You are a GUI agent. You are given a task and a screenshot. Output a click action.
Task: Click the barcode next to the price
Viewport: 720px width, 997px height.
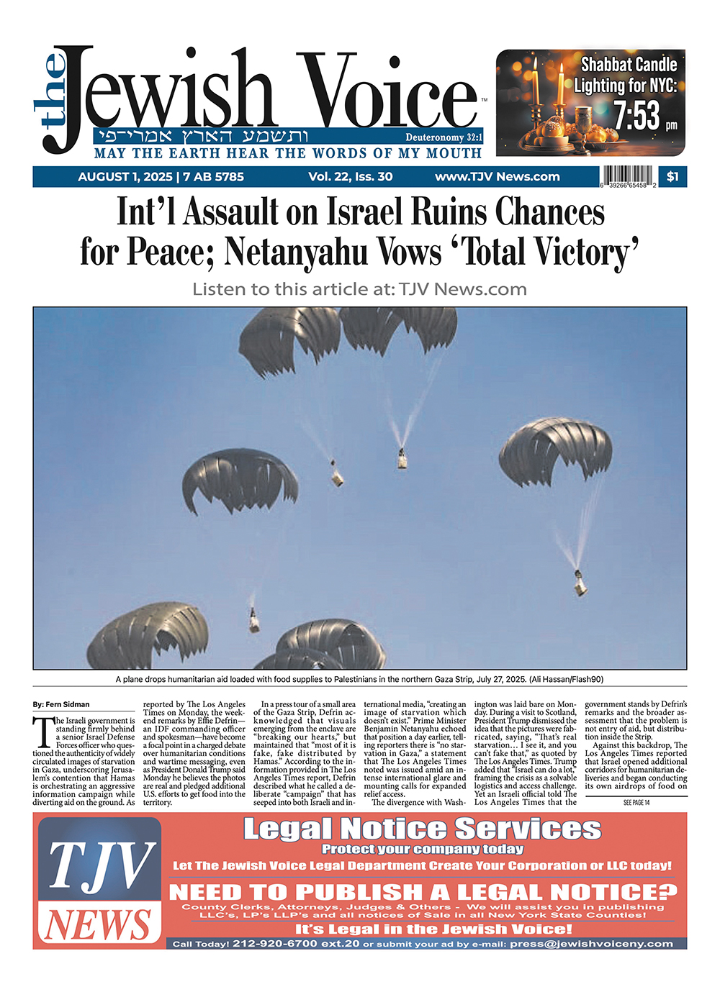tap(628, 177)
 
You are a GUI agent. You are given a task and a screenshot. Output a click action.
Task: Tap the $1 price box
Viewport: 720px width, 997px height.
tap(672, 177)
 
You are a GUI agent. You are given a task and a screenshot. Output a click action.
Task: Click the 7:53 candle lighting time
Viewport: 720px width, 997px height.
tap(637, 115)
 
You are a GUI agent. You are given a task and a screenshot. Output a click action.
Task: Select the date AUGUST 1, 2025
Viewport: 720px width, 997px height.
tap(125, 177)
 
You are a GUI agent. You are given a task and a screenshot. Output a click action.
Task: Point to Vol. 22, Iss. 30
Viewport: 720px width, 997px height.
tap(351, 177)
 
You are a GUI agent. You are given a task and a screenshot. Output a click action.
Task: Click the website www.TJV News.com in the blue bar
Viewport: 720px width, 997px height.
tap(497, 177)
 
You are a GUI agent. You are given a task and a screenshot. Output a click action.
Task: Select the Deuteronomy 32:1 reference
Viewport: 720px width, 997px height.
tap(444, 137)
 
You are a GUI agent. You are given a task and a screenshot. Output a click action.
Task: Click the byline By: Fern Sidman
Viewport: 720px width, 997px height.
tap(61, 704)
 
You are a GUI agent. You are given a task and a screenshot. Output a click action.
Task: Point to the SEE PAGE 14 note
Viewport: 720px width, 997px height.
tap(636, 803)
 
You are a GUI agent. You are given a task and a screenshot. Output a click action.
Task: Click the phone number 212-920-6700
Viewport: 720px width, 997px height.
tap(276, 944)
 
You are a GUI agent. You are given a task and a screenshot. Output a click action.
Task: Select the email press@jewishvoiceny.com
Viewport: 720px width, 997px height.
tap(591, 944)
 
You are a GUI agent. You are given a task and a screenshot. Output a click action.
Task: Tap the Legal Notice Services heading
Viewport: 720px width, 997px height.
tap(422, 829)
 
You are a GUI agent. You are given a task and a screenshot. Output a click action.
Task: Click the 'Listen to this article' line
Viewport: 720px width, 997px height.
tap(359, 289)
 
